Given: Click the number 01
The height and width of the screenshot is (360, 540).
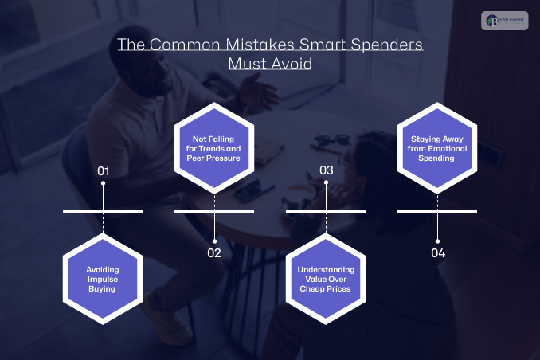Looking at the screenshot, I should click(103, 170).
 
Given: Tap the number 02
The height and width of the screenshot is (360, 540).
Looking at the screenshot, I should click(214, 253).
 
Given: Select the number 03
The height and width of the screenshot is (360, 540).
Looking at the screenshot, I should click(326, 170).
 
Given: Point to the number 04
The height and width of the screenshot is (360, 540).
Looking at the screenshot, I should click(437, 253).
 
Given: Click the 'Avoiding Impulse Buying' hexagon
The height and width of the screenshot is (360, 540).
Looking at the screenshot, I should click(103, 279).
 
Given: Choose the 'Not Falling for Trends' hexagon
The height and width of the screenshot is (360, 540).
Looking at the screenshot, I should click(214, 147).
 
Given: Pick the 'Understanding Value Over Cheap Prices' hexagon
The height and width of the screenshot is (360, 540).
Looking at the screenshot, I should click(326, 279).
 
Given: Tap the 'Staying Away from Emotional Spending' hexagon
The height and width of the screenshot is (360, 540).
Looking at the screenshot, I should click(437, 147).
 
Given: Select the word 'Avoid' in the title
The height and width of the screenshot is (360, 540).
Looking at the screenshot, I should click(291, 64).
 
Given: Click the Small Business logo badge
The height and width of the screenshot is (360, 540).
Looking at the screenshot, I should click(505, 21).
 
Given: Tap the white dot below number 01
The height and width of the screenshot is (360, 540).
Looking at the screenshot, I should click(103, 184).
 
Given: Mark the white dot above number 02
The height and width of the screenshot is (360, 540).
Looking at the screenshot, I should click(214, 240).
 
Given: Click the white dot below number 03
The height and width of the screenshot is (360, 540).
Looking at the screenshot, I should click(326, 184).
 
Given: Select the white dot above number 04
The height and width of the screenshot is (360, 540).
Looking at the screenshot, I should click(437, 240).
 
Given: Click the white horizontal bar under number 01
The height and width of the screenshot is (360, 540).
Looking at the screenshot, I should click(103, 212).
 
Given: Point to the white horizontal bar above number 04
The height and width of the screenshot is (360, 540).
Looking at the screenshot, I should click(437, 212).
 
